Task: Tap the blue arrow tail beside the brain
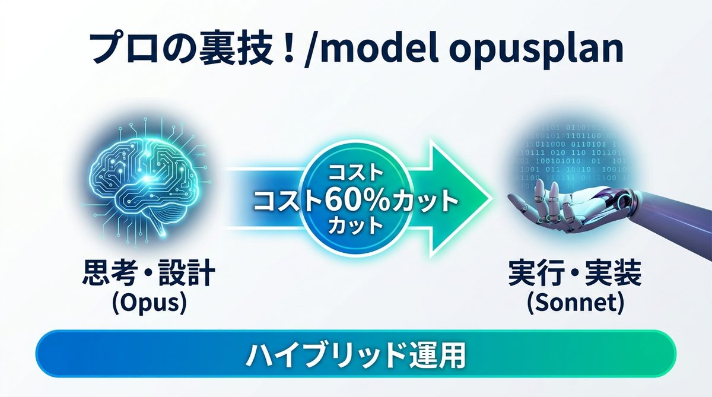[249, 199]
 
